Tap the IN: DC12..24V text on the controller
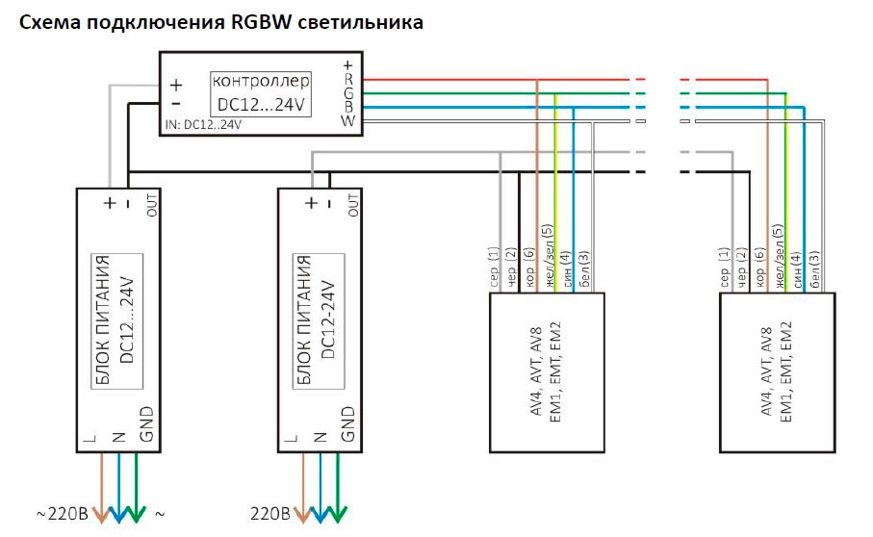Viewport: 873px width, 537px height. [203, 125]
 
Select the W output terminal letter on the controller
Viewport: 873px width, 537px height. [348, 120]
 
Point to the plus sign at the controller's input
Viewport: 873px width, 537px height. [176, 84]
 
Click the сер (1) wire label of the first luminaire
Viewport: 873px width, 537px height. [501, 268]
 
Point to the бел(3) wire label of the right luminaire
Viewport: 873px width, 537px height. [814, 270]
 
